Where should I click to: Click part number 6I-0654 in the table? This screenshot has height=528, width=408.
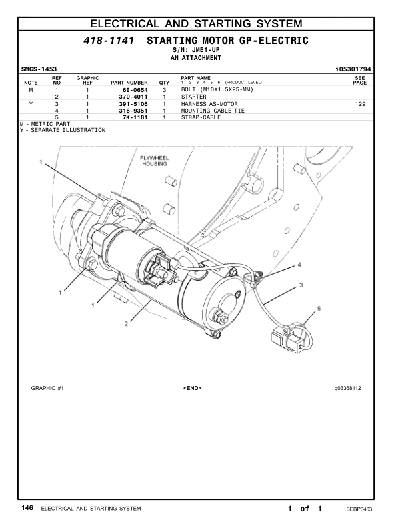[135, 89]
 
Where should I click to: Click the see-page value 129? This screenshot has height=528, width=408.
[361, 104]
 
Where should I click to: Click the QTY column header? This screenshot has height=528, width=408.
[164, 83]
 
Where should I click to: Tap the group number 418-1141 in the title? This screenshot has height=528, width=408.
[109, 41]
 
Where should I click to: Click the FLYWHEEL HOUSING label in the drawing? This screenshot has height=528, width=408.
[154, 161]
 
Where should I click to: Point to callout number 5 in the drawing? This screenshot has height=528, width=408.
[319, 309]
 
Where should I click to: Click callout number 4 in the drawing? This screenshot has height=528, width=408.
[299, 265]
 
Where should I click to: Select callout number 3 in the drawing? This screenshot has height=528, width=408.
[301, 285]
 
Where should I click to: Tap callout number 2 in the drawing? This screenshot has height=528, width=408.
[125, 324]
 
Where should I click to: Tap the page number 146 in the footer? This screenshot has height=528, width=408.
[27, 508]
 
